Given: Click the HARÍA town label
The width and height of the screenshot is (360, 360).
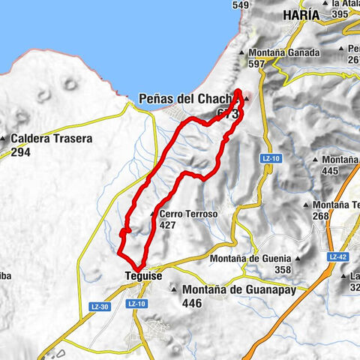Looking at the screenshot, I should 301,15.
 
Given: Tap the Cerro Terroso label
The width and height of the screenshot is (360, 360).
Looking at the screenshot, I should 188,214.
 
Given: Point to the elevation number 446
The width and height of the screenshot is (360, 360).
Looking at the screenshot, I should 193,303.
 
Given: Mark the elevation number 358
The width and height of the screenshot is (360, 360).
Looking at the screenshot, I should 282,269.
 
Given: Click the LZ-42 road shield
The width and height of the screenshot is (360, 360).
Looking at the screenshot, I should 336,256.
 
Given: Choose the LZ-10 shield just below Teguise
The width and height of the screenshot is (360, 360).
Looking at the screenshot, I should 136,304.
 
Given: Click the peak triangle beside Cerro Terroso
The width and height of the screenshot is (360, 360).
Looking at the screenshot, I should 154,214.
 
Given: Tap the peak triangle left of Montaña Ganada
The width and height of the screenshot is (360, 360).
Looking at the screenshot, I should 241,53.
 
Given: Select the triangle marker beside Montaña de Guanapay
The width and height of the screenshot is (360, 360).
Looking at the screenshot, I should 173,289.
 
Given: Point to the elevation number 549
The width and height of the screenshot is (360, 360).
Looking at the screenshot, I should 241,5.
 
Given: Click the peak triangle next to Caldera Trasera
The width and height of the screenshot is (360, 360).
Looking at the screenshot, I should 5,139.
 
